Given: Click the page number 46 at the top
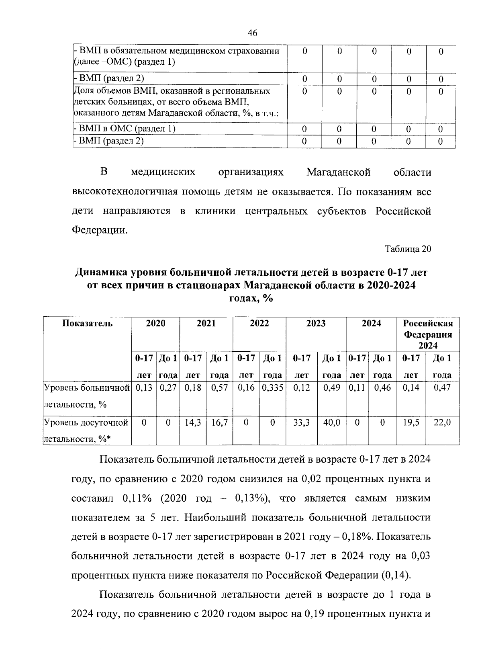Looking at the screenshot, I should click(x=253, y=33).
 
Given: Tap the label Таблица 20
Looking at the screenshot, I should click(x=408, y=249).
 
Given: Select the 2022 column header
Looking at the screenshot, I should click(x=259, y=324).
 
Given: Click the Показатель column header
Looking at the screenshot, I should click(x=88, y=324).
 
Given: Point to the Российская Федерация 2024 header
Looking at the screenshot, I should click(x=428, y=334).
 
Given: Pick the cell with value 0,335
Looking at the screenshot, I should click(x=272, y=387).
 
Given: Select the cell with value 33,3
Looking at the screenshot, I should click(x=301, y=422).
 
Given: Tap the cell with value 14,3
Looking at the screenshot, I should click(x=193, y=422).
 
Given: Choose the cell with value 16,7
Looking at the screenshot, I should click(x=219, y=422).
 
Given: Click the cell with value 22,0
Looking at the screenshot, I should click(x=442, y=422).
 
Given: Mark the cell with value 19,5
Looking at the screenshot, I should click(x=411, y=422).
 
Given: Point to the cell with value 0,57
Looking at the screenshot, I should click(x=219, y=387).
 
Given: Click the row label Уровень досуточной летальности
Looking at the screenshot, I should click(x=86, y=430).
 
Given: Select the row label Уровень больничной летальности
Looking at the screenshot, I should click(x=86, y=396).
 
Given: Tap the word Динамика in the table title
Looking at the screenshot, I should click(x=100, y=273).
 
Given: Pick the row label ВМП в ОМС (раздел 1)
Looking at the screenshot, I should click(x=125, y=129).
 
